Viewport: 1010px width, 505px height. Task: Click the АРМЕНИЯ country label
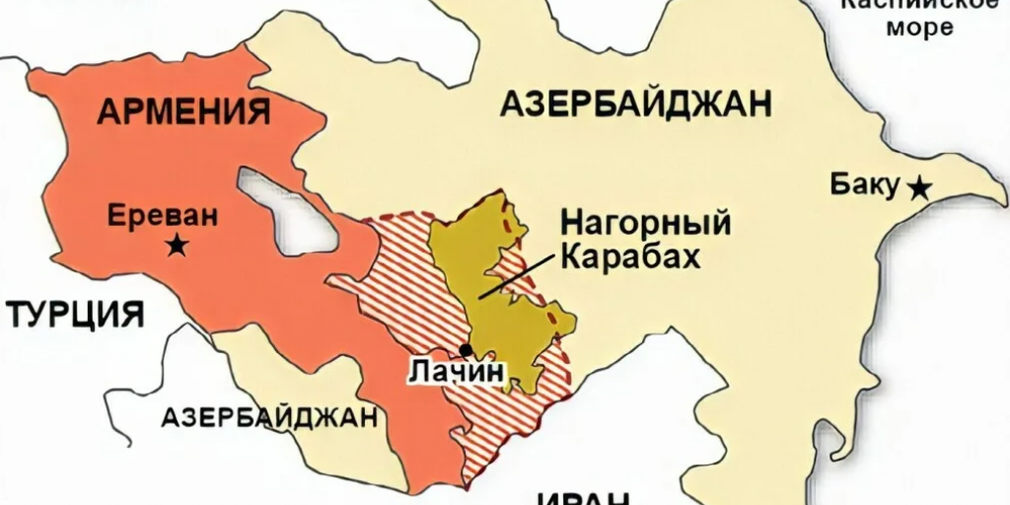click(183, 109)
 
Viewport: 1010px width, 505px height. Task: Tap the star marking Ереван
click(178, 246)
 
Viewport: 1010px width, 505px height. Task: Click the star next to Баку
click(919, 186)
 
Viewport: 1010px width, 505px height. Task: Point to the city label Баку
click(865, 184)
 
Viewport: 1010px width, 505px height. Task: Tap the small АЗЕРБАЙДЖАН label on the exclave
click(269, 416)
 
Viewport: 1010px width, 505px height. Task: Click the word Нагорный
click(645, 223)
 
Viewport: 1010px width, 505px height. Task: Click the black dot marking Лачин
click(466, 349)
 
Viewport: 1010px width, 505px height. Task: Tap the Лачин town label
click(456, 373)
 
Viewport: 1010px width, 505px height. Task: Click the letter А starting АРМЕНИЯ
click(109, 110)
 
